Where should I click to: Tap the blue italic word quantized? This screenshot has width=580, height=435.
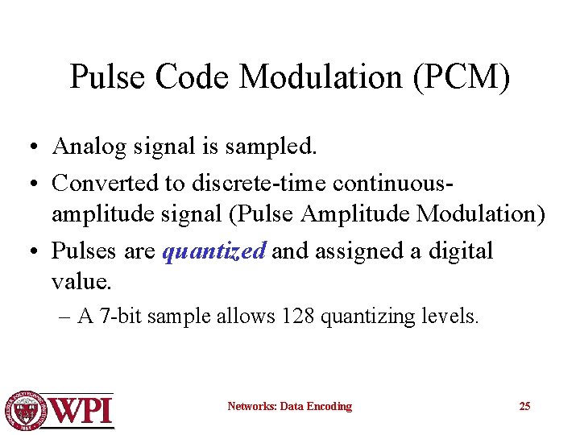pos(213,251)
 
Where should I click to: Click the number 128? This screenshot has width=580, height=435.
pos(298,317)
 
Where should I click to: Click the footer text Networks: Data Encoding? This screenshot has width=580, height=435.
pos(289,407)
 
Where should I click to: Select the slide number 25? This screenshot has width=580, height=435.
pos(524,406)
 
